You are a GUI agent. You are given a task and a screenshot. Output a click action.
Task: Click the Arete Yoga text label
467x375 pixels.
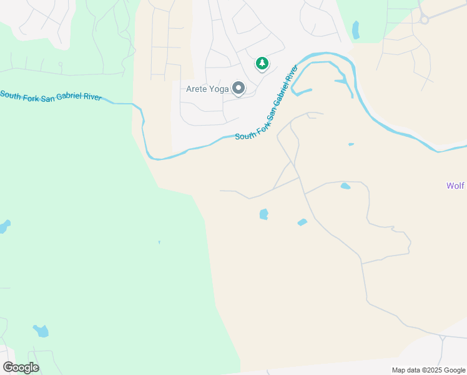[x=207, y=89]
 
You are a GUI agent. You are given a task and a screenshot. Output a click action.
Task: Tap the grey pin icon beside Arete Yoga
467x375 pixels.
[x=238, y=89]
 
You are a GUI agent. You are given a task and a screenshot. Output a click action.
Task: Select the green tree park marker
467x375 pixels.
[x=262, y=63]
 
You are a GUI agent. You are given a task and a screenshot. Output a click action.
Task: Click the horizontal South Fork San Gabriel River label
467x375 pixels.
[x=51, y=96]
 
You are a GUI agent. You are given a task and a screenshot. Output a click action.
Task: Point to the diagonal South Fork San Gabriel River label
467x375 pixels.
[x=265, y=109]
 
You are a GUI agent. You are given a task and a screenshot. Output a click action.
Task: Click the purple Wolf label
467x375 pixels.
[x=456, y=186]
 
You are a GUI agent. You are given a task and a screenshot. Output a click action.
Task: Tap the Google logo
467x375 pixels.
[x=21, y=367]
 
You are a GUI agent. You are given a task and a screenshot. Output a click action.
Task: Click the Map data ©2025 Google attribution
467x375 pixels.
[x=429, y=370]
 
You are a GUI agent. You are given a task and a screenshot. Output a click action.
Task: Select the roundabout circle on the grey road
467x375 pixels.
[x=424, y=20]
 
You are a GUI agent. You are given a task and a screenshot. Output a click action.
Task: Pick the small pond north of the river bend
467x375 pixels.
[x=356, y=30]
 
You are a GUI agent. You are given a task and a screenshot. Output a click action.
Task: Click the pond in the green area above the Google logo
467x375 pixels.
[x=41, y=331]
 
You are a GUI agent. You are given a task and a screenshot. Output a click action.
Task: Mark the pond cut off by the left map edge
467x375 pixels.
[x=4, y=226]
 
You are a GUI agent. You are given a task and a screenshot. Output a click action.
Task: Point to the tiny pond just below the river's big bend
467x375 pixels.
[x=351, y=144]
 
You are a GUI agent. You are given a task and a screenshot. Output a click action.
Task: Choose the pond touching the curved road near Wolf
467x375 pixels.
[x=345, y=186]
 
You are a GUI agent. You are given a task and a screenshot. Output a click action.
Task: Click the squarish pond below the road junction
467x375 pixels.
[x=263, y=214]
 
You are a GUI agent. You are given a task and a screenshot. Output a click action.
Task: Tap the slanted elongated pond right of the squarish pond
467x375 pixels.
[x=302, y=222]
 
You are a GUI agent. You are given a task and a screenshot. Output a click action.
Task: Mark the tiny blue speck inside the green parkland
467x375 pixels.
[x=159, y=242]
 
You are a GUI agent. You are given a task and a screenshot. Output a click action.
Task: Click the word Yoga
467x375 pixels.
[x=218, y=89]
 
